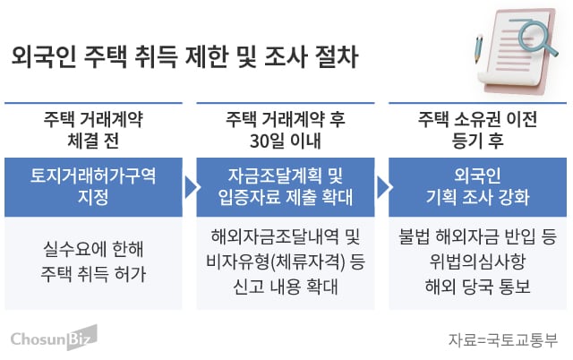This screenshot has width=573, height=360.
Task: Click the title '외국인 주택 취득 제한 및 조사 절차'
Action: point(184,59)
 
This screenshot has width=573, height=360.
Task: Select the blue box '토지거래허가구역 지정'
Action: point(93,186)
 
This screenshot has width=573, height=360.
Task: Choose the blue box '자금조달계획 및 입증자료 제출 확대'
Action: point(285,186)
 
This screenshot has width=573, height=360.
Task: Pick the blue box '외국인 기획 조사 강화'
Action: point(475,186)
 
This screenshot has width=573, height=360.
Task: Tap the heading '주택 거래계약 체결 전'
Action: point(93,131)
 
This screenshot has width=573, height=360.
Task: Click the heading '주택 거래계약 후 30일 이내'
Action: point(285,131)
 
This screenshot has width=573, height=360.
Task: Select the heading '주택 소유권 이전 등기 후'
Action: point(475,131)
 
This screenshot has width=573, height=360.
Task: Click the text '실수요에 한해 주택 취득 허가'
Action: point(93,259)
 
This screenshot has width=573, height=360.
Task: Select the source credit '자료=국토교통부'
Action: point(503,339)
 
